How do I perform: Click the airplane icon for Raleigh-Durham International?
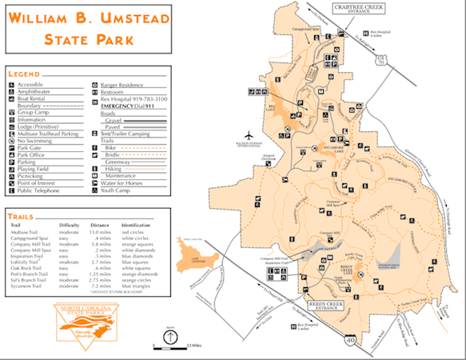point(253,133)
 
